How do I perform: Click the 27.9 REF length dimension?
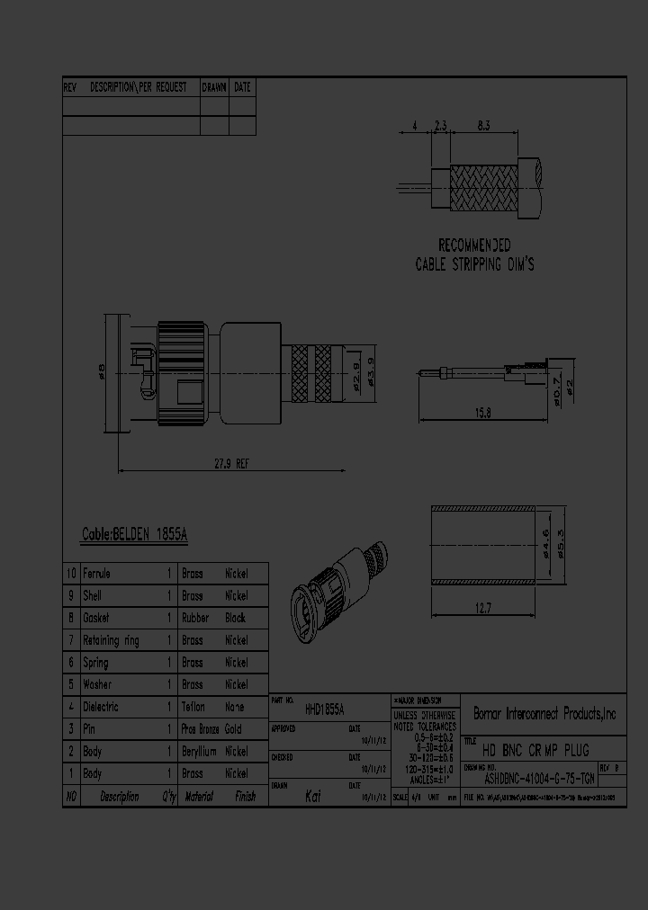click(231, 463)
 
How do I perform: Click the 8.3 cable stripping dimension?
click(483, 127)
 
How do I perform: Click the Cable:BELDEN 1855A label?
click(134, 534)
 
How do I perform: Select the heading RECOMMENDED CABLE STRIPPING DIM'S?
click(474, 254)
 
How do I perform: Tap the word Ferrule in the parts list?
click(96, 573)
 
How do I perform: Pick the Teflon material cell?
click(193, 707)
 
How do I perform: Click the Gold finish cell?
click(233, 729)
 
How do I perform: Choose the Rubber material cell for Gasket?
click(195, 618)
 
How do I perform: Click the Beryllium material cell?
click(199, 752)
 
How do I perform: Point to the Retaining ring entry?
click(111, 640)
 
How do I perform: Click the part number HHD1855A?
click(325, 709)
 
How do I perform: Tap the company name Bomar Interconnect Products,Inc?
click(544, 714)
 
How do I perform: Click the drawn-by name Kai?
click(313, 796)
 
